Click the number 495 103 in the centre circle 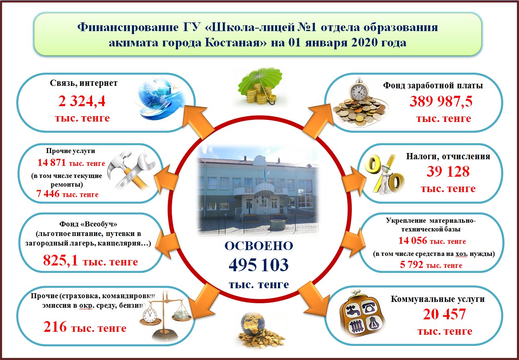[258, 265]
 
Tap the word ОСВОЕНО [259, 246]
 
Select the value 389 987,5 [441, 102]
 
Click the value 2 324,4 [82, 101]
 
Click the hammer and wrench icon [131, 170]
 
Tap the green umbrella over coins [260, 86]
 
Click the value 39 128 [448, 172]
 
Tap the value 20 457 [444, 314]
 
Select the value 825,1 [61, 260]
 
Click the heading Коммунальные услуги [438, 299]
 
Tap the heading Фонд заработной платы [433, 85]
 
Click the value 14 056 [412, 241]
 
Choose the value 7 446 [48, 194]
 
